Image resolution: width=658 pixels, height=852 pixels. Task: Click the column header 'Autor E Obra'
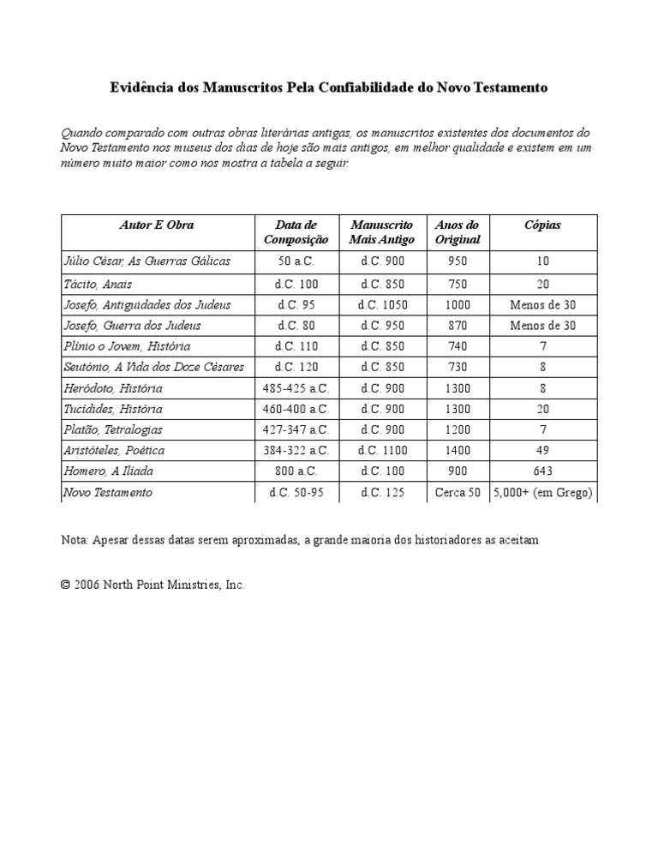point(157,225)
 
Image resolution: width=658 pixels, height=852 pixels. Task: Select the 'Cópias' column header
point(542,225)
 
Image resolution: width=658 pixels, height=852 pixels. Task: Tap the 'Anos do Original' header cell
point(458,232)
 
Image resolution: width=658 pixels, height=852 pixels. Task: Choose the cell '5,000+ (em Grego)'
point(542,492)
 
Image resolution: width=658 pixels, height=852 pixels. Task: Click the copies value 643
point(542,471)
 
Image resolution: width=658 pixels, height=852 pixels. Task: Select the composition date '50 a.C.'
point(296,261)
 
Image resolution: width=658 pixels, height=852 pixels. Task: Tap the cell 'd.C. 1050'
point(382,304)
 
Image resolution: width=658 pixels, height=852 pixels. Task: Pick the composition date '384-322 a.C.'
point(296,450)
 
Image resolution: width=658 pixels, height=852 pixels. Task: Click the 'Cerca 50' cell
point(458,492)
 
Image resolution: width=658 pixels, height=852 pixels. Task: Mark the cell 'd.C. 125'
point(382,492)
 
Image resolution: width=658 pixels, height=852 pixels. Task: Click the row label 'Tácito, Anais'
point(98,284)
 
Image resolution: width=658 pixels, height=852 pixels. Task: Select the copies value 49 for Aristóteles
point(542,450)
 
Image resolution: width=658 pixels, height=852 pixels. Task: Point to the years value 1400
point(458,450)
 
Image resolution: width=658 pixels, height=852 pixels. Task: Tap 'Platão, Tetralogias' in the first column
point(113,429)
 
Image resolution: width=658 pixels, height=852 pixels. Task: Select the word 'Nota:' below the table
point(75,540)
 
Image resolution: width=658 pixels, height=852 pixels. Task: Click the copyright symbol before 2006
point(65,585)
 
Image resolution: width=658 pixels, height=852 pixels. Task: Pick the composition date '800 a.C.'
point(296,471)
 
